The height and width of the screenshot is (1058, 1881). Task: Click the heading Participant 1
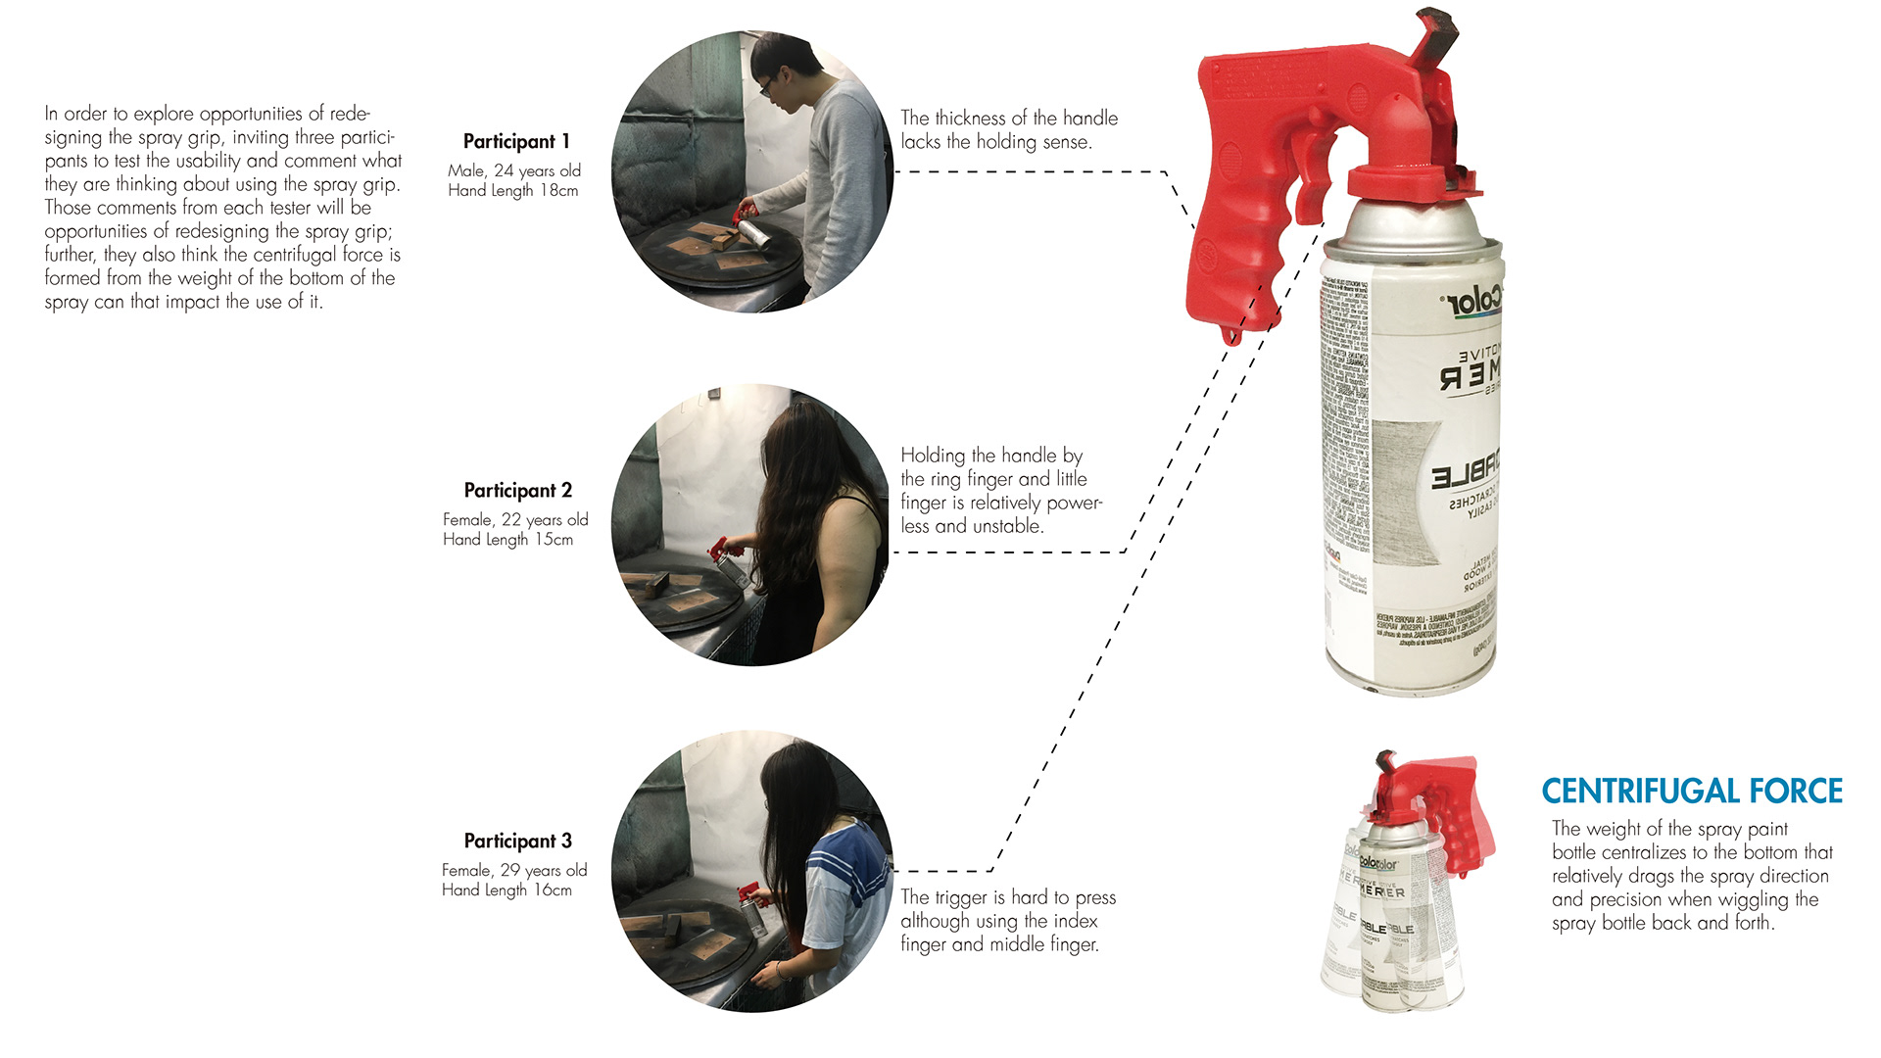point(516,141)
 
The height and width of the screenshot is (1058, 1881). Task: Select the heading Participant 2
point(517,490)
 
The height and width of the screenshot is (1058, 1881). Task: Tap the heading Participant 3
point(517,841)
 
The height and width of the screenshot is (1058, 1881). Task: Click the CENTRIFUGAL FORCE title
point(1692,791)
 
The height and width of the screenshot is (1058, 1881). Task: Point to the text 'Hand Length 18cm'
point(512,190)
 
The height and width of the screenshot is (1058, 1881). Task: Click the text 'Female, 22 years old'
point(515,519)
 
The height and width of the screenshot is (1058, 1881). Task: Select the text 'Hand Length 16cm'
point(506,890)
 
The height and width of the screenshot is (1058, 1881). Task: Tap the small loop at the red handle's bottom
point(1231,336)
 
